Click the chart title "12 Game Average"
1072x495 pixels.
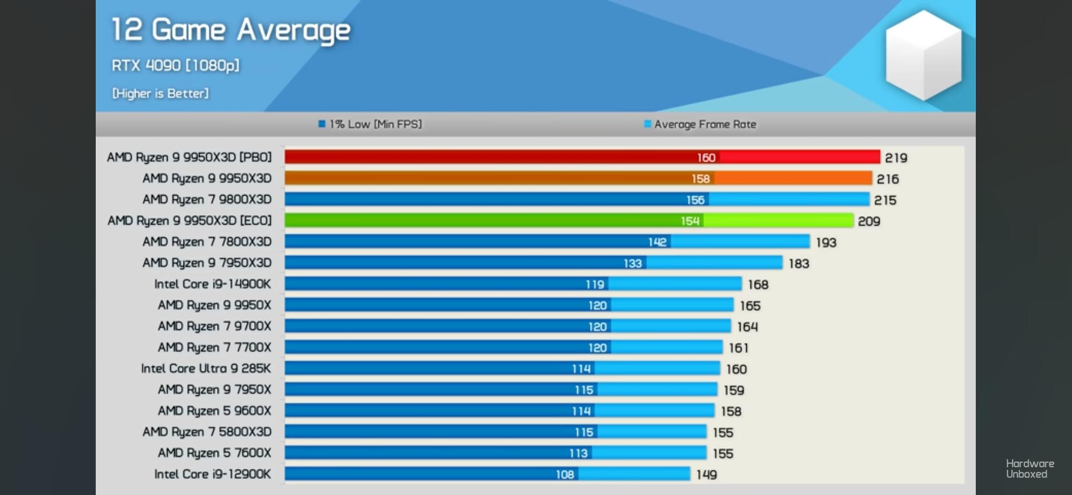coord(231,30)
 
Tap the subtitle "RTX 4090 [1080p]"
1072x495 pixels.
coord(175,66)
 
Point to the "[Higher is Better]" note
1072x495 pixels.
coord(160,93)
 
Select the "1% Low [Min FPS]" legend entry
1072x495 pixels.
coord(370,124)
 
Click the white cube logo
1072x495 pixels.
coord(923,55)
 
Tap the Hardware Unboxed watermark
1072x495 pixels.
coord(1029,469)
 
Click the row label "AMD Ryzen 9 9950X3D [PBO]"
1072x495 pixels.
coord(189,157)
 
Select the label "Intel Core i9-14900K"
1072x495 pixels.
coord(213,284)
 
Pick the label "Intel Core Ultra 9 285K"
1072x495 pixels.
coord(206,368)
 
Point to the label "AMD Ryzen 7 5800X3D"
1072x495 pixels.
coord(207,432)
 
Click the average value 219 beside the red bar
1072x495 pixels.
coord(896,158)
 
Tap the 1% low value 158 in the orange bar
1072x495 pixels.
coord(700,179)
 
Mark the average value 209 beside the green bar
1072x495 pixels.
coord(869,221)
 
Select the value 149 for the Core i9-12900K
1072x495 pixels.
coord(706,475)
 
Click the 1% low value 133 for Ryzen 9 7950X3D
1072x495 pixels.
coord(633,264)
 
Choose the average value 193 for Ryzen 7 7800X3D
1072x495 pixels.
coord(826,242)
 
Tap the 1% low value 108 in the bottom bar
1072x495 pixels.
coord(565,475)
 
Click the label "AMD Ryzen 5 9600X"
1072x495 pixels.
coord(214,411)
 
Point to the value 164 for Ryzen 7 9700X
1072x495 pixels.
coord(747,327)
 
